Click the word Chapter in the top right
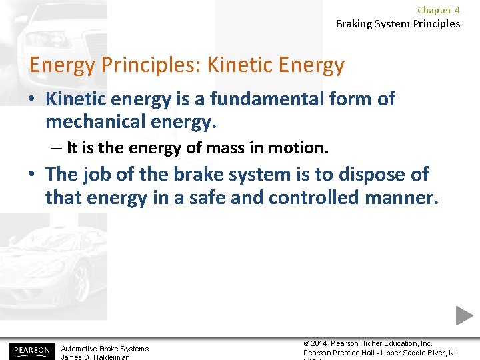click(x=434, y=10)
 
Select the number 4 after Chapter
click(x=457, y=10)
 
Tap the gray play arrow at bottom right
click(x=464, y=315)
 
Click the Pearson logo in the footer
click(x=30, y=350)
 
